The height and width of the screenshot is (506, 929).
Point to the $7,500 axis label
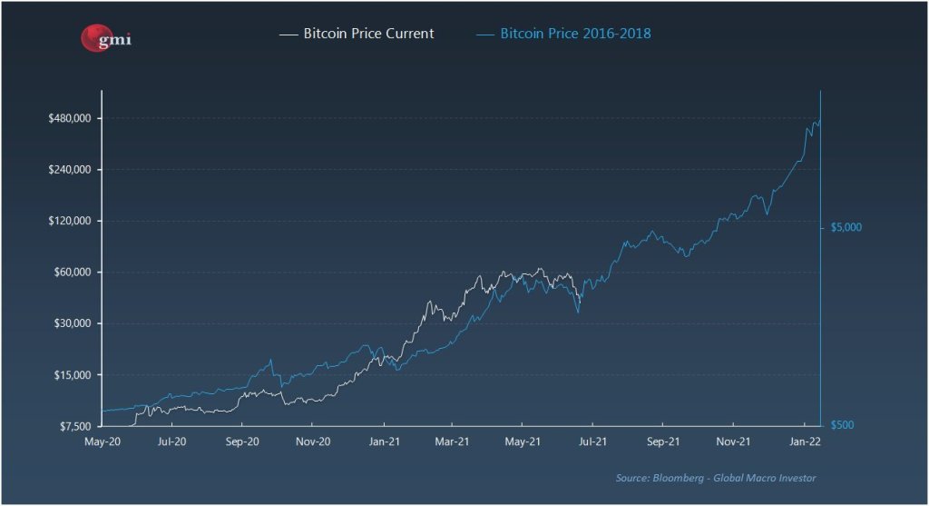tap(73, 426)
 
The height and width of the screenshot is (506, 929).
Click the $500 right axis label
tap(844, 425)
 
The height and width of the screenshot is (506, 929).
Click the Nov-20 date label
tap(311, 442)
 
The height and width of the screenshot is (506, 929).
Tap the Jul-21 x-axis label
tap(592, 442)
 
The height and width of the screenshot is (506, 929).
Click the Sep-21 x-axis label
tap(663, 442)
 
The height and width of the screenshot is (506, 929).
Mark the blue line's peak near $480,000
tap(818, 119)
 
